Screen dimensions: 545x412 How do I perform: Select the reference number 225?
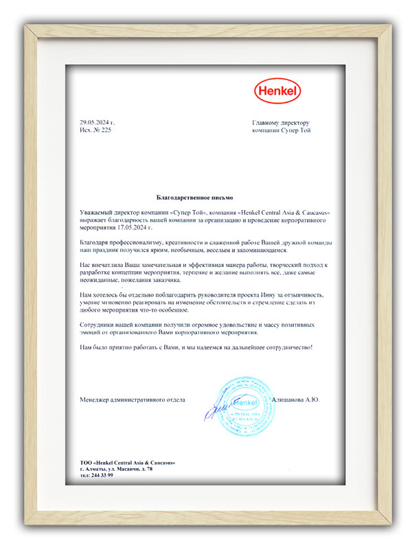(x=106, y=130)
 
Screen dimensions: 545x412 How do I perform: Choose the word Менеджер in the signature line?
(x=94, y=399)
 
